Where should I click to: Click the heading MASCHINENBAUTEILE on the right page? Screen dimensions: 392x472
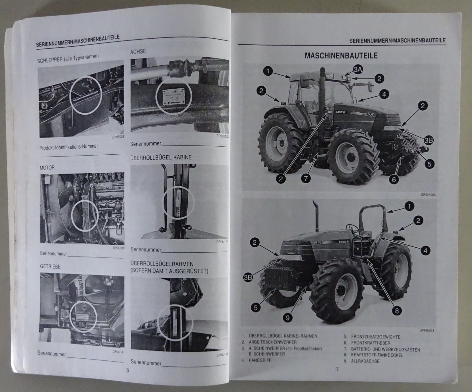(x=341, y=56)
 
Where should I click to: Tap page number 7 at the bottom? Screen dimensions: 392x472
(x=337, y=370)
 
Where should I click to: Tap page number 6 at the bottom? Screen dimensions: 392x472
(x=127, y=370)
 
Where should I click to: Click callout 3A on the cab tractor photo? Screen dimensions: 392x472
(x=358, y=70)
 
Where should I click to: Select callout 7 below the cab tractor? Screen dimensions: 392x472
(x=306, y=178)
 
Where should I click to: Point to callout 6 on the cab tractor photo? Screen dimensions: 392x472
(x=394, y=179)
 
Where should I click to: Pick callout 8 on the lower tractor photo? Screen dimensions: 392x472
(x=397, y=311)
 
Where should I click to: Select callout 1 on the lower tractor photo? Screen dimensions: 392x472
(x=409, y=206)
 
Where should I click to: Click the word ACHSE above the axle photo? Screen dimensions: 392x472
(x=138, y=52)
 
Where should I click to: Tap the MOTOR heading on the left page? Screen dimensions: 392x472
(x=47, y=168)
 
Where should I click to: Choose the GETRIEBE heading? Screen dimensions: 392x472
(x=50, y=267)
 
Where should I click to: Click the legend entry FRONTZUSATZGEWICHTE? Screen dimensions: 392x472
(x=375, y=337)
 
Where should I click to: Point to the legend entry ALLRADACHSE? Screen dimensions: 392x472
(x=365, y=361)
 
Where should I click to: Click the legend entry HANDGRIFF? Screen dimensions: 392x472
(x=260, y=360)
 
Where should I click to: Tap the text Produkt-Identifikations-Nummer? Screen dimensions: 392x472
(x=69, y=147)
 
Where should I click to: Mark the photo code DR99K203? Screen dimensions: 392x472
(x=428, y=195)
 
